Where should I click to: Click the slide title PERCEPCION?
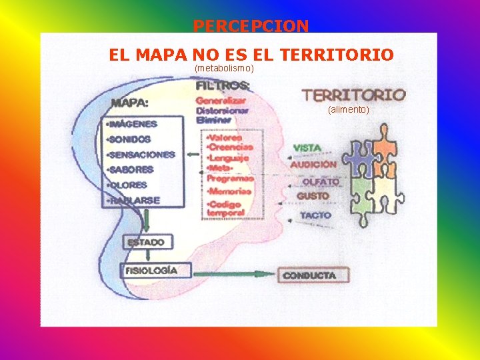point(251,26)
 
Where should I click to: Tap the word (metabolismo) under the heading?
point(224,69)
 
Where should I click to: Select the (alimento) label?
point(348,109)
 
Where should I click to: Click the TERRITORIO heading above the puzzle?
point(353,95)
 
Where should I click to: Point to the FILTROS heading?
point(223,85)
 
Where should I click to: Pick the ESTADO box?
point(147,242)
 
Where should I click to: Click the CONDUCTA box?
point(309,275)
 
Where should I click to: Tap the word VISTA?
point(307,147)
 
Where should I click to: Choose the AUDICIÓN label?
point(313,164)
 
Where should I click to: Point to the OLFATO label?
point(320,181)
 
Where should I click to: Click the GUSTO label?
point(313,196)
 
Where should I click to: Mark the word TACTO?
point(315,215)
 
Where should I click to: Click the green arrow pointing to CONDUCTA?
point(233,273)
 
